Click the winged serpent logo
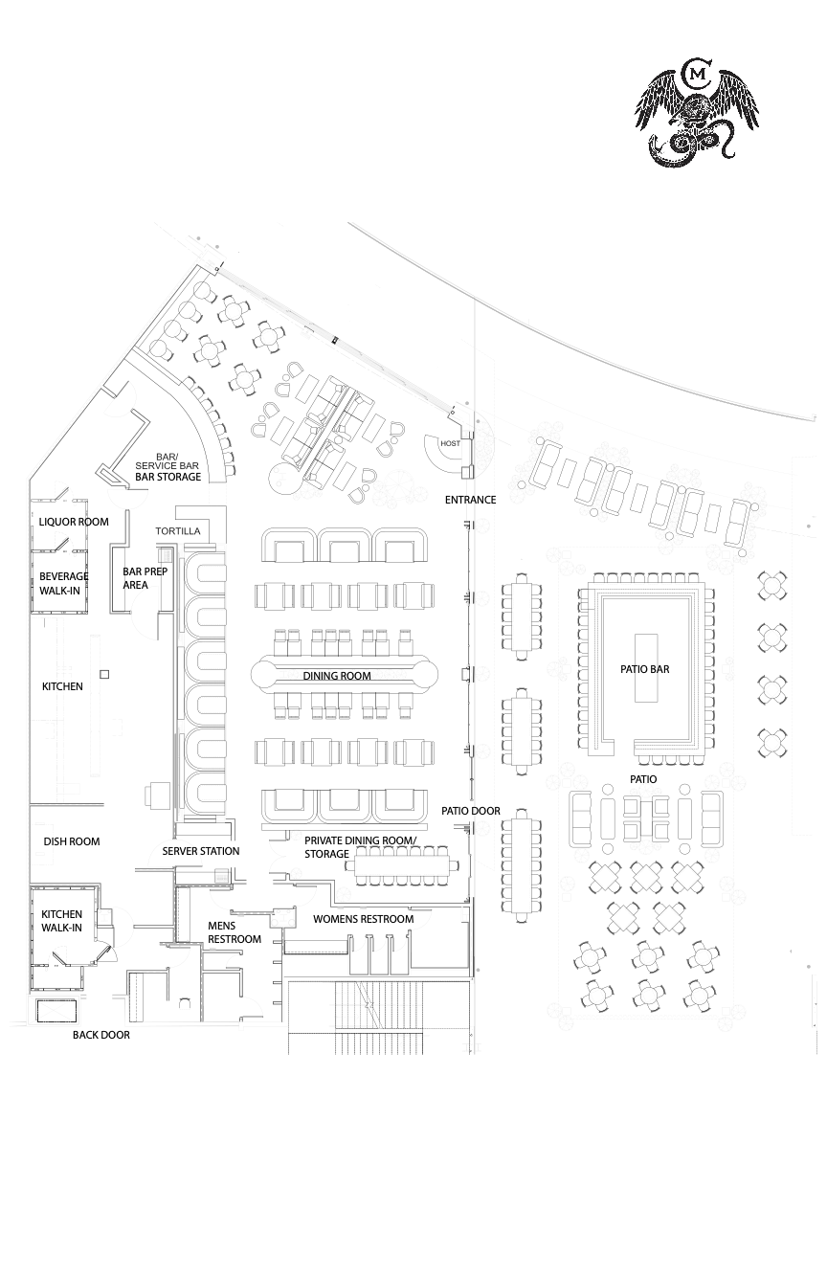pyautogui.click(x=697, y=114)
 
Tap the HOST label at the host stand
pyautogui.click(x=450, y=443)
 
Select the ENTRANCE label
pyautogui.click(x=470, y=500)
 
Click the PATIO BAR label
pyautogui.click(x=644, y=669)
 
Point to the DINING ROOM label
pyautogui.click(x=337, y=676)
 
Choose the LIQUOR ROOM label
pyautogui.click(x=74, y=522)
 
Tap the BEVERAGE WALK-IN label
pyautogui.click(x=64, y=583)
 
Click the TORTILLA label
pyautogui.click(x=178, y=530)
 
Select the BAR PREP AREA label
pyautogui.click(x=145, y=578)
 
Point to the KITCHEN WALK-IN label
pyautogui.click(x=61, y=921)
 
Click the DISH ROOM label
pyautogui.click(x=72, y=841)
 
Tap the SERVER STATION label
pyautogui.click(x=201, y=851)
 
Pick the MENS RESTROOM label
pyautogui.click(x=235, y=932)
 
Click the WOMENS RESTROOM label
pyautogui.click(x=363, y=919)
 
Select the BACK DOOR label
pyautogui.click(x=101, y=1035)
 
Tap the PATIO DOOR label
pyautogui.click(x=471, y=811)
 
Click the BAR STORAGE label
pyautogui.click(x=168, y=477)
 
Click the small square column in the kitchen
pyautogui.click(x=103, y=675)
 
